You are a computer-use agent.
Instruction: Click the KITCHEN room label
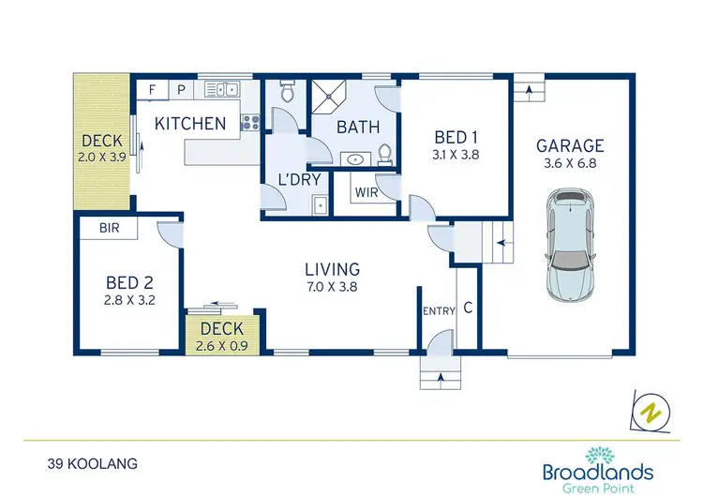(190, 124)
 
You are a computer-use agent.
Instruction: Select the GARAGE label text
(570, 146)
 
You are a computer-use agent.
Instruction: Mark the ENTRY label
(438, 311)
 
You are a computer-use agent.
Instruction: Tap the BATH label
(357, 127)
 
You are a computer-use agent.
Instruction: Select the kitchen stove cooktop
(250, 122)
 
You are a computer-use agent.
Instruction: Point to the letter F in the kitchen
(153, 89)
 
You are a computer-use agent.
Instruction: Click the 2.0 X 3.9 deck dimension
(102, 157)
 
